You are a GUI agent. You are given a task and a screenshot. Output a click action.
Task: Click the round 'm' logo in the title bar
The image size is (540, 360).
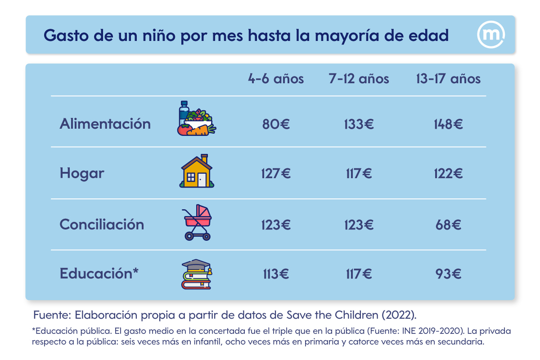click(490, 35)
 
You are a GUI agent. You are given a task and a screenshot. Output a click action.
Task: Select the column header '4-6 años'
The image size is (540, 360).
click(276, 79)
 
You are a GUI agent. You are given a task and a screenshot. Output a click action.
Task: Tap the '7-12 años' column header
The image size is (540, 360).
click(359, 79)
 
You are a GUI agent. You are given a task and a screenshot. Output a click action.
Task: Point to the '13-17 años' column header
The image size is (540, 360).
click(448, 79)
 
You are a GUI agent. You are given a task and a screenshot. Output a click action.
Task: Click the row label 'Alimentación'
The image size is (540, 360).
click(105, 124)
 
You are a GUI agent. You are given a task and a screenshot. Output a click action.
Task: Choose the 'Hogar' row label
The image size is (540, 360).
click(82, 173)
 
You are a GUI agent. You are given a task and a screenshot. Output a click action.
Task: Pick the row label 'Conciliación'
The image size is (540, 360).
click(102, 225)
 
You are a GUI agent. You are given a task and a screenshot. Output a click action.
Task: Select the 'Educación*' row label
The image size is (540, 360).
click(99, 274)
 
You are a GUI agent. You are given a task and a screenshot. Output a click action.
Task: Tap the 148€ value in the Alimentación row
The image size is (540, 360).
click(448, 124)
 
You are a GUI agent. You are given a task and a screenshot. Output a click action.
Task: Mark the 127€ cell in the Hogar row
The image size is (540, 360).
click(276, 173)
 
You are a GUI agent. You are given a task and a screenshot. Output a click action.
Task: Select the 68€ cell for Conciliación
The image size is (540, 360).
click(448, 225)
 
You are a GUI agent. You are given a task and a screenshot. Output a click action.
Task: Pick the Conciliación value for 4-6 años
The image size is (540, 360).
click(276, 225)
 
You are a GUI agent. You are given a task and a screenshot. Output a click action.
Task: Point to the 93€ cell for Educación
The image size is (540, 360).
click(448, 274)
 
